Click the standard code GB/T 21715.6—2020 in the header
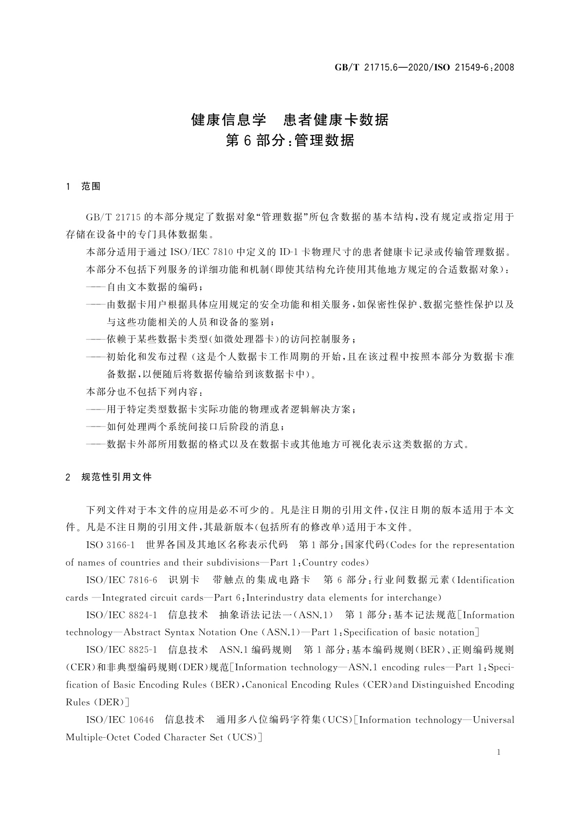point(380,67)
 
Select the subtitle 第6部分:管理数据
point(290,141)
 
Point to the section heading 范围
point(91,186)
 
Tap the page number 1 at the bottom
point(498,752)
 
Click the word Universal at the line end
point(493,720)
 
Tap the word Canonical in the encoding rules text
point(267,685)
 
